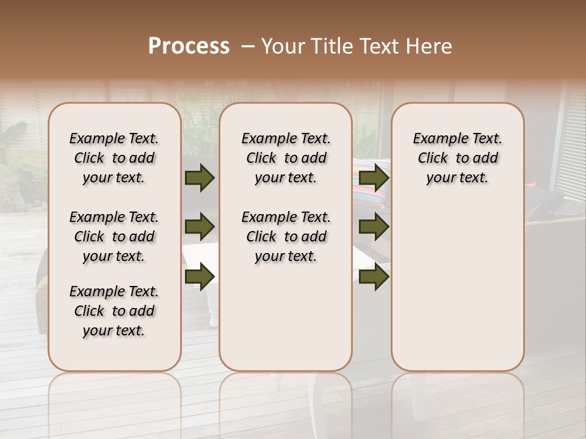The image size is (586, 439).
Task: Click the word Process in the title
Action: click(x=189, y=46)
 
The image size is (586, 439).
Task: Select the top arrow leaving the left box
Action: click(x=200, y=177)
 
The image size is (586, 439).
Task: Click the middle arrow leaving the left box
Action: click(x=200, y=227)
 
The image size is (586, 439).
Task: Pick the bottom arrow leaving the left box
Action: click(x=200, y=277)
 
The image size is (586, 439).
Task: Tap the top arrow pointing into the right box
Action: click(x=374, y=177)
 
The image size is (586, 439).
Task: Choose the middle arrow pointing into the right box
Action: click(x=374, y=227)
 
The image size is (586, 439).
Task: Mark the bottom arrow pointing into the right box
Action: click(x=374, y=277)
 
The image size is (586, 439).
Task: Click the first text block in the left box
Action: click(x=114, y=158)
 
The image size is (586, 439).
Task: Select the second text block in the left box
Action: click(x=114, y=237)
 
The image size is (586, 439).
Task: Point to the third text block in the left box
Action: click(x=114, y=311)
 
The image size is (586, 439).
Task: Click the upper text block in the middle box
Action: click(x=286, y=158)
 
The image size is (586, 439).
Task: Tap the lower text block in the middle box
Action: click(x=286, y=237)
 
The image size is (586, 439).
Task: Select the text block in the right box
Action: click(x=457, y=158)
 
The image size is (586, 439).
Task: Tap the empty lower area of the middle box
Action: click(x=286, y=317)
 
